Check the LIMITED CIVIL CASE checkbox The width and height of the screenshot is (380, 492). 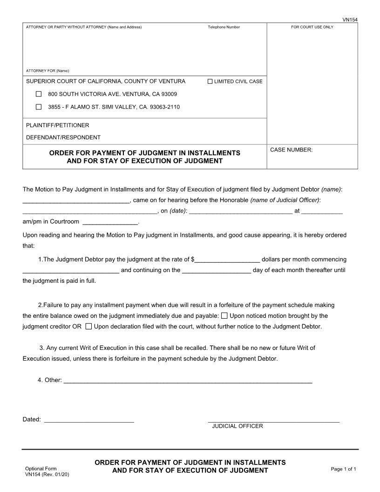pyautogui.click(x=210, y=82)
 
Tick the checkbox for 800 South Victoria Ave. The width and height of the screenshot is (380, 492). pyautogui.click(x=39, y=94)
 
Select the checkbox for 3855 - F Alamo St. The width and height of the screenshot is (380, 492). pyautogui.click(x=39, y=107)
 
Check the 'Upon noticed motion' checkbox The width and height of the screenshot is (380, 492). pyautogui.click(x=224, y=316)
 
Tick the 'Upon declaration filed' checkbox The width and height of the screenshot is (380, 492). pyautogui.click(x=88, y=327)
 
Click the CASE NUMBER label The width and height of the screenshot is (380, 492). pyautogui.click(x=291, y=150)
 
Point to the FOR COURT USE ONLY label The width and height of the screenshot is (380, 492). pyautogui.click(x=312, y=27)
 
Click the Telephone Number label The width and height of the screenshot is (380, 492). pyautogui.click(x=224, y=27)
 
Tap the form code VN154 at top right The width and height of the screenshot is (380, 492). pyautogui.click(x=350, y=20)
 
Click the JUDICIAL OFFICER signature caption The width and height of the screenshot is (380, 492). pyautogui.click(x=237, y=426)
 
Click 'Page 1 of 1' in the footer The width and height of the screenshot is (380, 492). pyautogui.click(x=343, y=469)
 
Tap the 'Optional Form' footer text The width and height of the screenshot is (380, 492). pyautogui.click(x=41, y=469)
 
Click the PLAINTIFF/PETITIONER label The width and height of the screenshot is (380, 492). pyautogui.click(x=57, y=125)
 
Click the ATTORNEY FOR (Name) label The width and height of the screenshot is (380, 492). pyautogui.click(x=47, y=71)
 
